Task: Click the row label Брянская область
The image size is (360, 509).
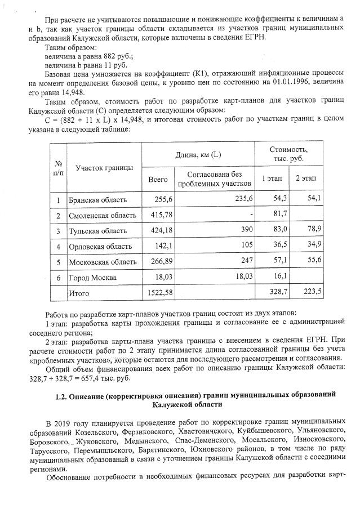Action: click(97, 200)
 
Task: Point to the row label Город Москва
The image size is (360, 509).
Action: click(92, 278)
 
